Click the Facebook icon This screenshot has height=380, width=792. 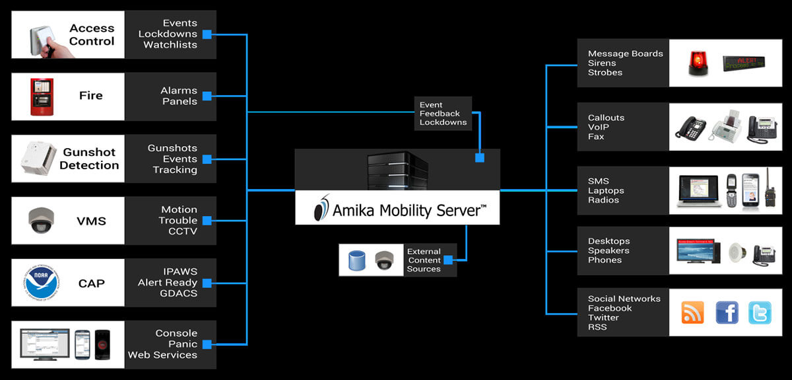pyautogui.click(x=727, y=312)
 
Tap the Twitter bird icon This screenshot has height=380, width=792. pyautogui.click(x=760, y=313)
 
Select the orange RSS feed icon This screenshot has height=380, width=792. pyautogui.click(x=692, y=313)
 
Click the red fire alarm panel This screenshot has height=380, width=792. pyautogui.click(x=41, y=97)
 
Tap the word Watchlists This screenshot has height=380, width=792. pyautogui.click(x=170, y=45)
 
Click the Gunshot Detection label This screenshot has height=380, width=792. pyautogui.click(x=90, y=159)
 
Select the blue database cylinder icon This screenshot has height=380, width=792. pyautogui.click(x=356, y=260)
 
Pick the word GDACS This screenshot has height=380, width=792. pyautogui.click(x=178, y=293)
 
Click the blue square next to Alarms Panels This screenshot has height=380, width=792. pyautogui.click(x=207, y=96)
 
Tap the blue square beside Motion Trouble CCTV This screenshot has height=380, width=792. pyautogui.click(x=207, y=220)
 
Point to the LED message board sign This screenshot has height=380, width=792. pyautogui.click(x=744, y=63)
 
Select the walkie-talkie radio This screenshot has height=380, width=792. pyautogui.click(x=769, y=188)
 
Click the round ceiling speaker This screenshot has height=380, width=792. pyautogui.click(x=737, y=252)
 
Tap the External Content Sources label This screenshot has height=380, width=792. pyautogui.click(x=424, y=260)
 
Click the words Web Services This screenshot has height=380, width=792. pyautogui.click(x=162, y=355)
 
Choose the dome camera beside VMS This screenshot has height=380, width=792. pyautogui.click(x=40, y=219)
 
